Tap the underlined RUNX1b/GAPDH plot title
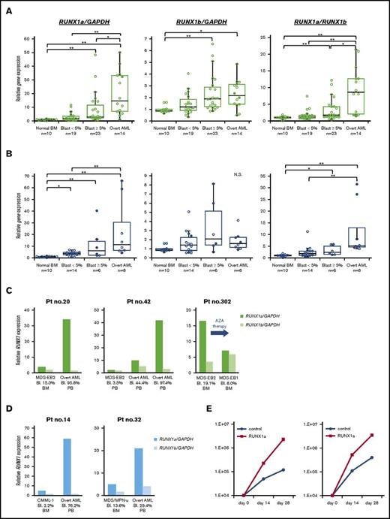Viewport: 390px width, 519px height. [x=199, y=13]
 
